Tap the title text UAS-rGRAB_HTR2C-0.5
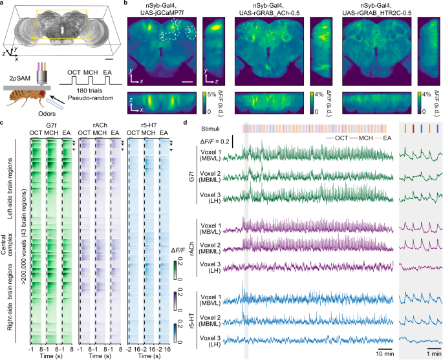click(x=384, y=13)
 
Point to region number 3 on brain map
click(x=188, y=30)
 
